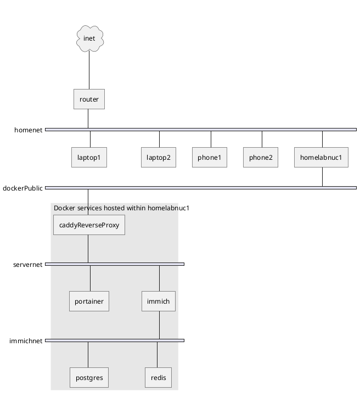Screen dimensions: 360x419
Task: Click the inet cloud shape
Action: tap(90, 38)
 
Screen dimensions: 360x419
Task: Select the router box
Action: tap(89, 99)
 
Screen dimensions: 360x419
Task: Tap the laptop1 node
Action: tap(89, 158)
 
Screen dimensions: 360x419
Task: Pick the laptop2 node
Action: tap(159, 158)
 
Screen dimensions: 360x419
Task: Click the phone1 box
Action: tap(210, 158)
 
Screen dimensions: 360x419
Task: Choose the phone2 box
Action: tap(261, 158)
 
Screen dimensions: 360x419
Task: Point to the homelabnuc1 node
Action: tap(321, 158)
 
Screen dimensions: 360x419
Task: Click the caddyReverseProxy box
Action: tap(89, 225)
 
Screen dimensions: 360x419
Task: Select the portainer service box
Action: tap(89, 301)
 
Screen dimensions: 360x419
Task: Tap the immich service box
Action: tap(159, 301)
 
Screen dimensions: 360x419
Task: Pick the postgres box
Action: tap(89, 378)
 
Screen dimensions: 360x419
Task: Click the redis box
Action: tap(159, 378)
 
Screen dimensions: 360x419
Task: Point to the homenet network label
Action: tap(29, 130)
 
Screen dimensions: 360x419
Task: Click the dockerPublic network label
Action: tap(22, 188)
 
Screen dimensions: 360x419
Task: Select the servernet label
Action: tap(28, 265)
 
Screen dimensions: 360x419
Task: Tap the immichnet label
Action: tap(26, 341)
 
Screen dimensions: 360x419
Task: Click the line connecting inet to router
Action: tap(89, 70)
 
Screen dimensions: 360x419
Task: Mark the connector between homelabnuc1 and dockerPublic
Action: tap(322, 177)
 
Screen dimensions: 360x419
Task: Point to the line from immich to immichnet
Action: tap(160, 325)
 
